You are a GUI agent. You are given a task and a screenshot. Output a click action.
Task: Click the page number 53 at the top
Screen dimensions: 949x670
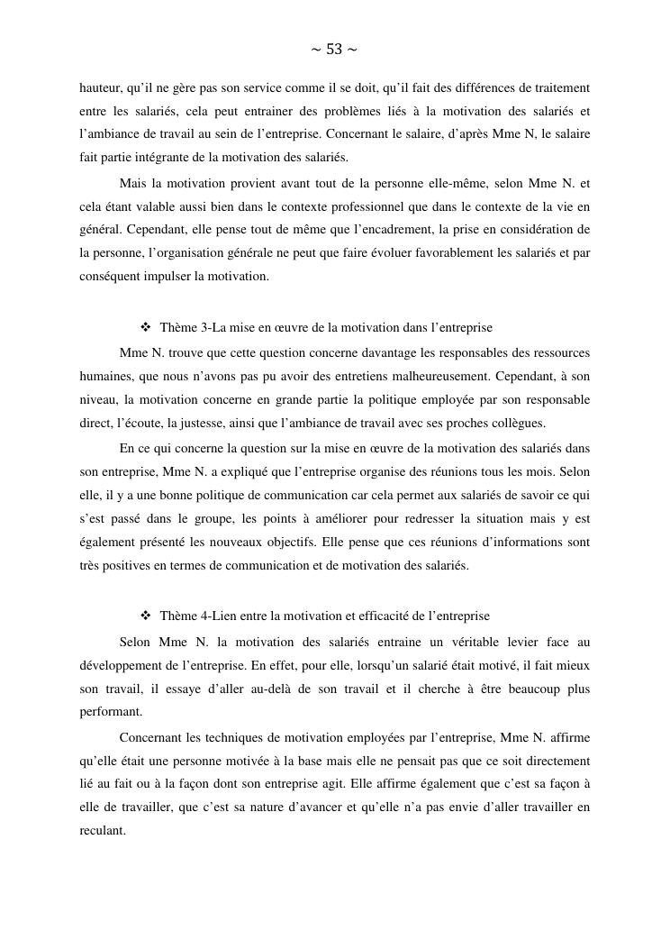coord(334,50)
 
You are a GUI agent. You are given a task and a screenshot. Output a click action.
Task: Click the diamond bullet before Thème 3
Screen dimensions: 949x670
coord(146,326)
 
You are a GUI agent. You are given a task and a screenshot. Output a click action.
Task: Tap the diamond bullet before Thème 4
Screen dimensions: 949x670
coord(146,616)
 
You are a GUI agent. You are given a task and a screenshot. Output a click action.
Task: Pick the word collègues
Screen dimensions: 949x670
coord(518,423)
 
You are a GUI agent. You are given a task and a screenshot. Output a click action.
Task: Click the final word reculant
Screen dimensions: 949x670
coord(102,830)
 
